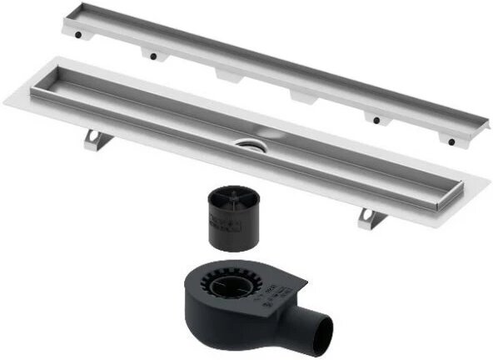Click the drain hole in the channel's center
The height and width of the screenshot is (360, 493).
point(249,144)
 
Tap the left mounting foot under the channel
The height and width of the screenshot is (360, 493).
point(95,138)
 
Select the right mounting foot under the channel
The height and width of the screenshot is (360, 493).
point(371,217)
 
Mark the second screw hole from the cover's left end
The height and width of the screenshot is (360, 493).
point(152,57)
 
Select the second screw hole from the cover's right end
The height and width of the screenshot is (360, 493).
point(377,120)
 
